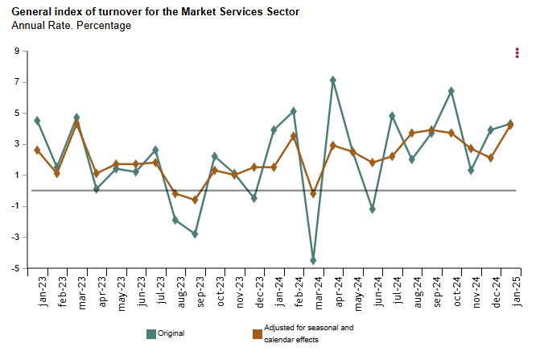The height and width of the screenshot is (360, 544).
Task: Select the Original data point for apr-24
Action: click(333, 80)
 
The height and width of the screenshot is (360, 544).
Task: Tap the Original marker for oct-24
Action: click(451, 91)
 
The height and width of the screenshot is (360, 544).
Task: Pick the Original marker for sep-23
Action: click(195, 234)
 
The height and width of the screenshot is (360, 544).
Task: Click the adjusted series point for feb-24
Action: click(294, 136)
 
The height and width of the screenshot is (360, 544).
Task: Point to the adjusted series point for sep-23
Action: click(195, 200)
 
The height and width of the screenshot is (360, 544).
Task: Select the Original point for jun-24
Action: click(373, 209)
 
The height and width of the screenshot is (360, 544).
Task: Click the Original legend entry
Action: click(171, 333)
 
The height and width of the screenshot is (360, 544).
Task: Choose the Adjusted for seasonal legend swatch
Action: click(258, 333)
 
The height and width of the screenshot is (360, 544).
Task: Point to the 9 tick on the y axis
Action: click(16, 52)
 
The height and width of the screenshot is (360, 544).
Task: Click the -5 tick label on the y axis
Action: click(14, 268)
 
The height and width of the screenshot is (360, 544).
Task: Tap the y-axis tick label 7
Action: click(16, 82)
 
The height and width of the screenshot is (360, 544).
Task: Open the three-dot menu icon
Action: click(517, 53)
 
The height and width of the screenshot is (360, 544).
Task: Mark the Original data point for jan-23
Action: click(38, 120)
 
